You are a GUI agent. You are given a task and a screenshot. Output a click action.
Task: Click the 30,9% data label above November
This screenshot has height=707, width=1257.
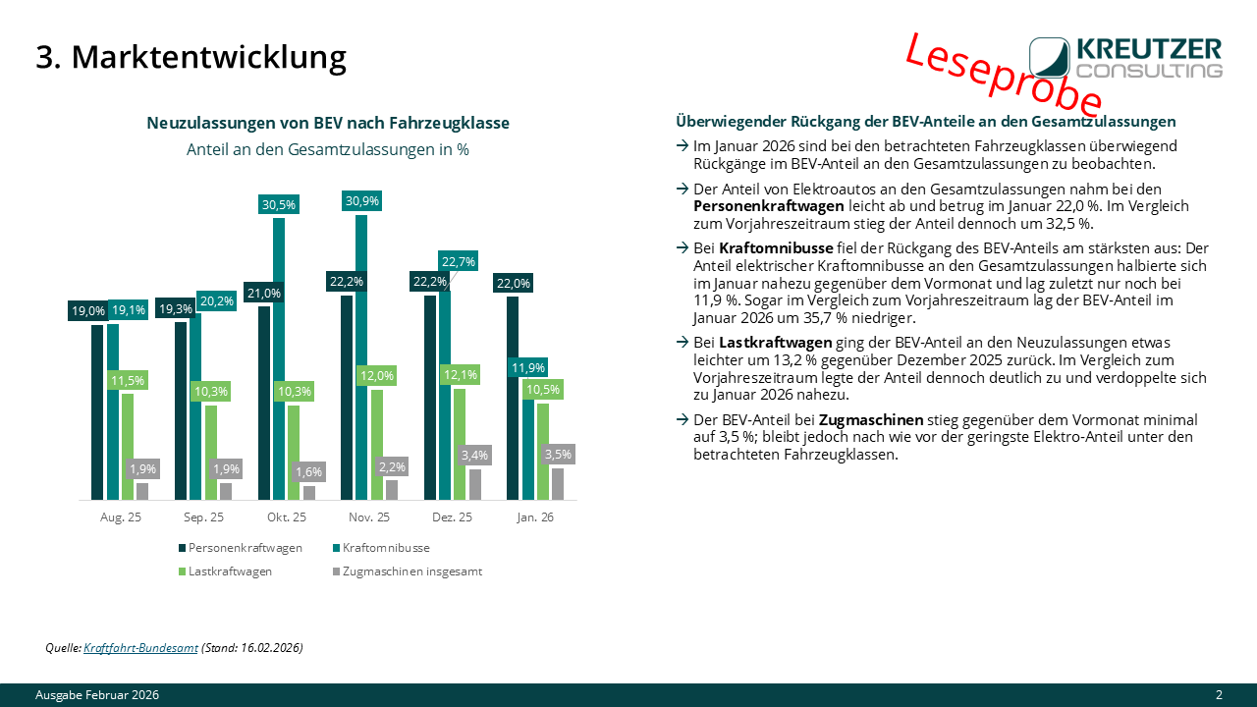tap(362, 201)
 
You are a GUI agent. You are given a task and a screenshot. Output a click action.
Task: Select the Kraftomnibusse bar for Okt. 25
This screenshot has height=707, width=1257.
tap(279, 358)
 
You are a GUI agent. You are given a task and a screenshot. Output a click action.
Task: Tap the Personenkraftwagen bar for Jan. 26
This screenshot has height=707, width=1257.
tap(513, 398)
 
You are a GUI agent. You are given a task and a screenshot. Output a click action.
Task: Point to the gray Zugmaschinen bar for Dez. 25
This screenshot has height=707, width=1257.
tap(475, 484)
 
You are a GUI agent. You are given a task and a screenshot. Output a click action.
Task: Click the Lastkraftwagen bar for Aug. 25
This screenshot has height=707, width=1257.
tap(128, 447)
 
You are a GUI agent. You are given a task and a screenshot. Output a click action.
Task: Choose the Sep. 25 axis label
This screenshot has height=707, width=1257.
tap(203, 517)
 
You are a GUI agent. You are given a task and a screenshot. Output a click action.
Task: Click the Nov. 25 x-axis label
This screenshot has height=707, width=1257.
tap(368, 517)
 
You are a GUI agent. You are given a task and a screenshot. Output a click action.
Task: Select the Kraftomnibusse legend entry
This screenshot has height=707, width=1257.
tap(382, 548)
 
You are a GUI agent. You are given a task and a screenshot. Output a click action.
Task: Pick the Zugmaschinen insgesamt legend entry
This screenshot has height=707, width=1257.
tap(408, 571)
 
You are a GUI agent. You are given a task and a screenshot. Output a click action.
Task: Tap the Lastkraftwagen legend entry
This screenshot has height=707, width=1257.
tap(225, 571)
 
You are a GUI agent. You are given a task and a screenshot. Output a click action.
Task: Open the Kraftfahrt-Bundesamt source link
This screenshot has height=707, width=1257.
tap(140, 647)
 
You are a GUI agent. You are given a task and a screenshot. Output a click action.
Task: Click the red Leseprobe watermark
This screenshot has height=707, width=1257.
tap(1004, 74)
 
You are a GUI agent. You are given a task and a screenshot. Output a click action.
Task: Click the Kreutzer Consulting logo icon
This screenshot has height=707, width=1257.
tap(1050, 57)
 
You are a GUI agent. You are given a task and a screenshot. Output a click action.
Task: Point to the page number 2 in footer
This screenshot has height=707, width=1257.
tap(1219, 694)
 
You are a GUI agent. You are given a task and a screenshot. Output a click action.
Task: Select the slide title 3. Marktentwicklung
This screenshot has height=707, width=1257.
tap(191, 57)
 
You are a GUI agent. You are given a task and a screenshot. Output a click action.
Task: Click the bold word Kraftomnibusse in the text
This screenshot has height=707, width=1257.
tap(776, 248)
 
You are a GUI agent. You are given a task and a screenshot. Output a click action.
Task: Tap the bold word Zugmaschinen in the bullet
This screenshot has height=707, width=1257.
tap(871, 419)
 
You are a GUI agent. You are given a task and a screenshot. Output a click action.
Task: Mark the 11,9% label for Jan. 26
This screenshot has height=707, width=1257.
tap(528, 367)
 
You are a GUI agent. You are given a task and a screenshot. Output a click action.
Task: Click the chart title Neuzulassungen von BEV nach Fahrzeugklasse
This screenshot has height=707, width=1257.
tap(328, 123)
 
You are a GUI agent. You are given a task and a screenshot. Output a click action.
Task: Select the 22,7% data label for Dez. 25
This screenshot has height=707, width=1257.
tap(458, 261)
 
